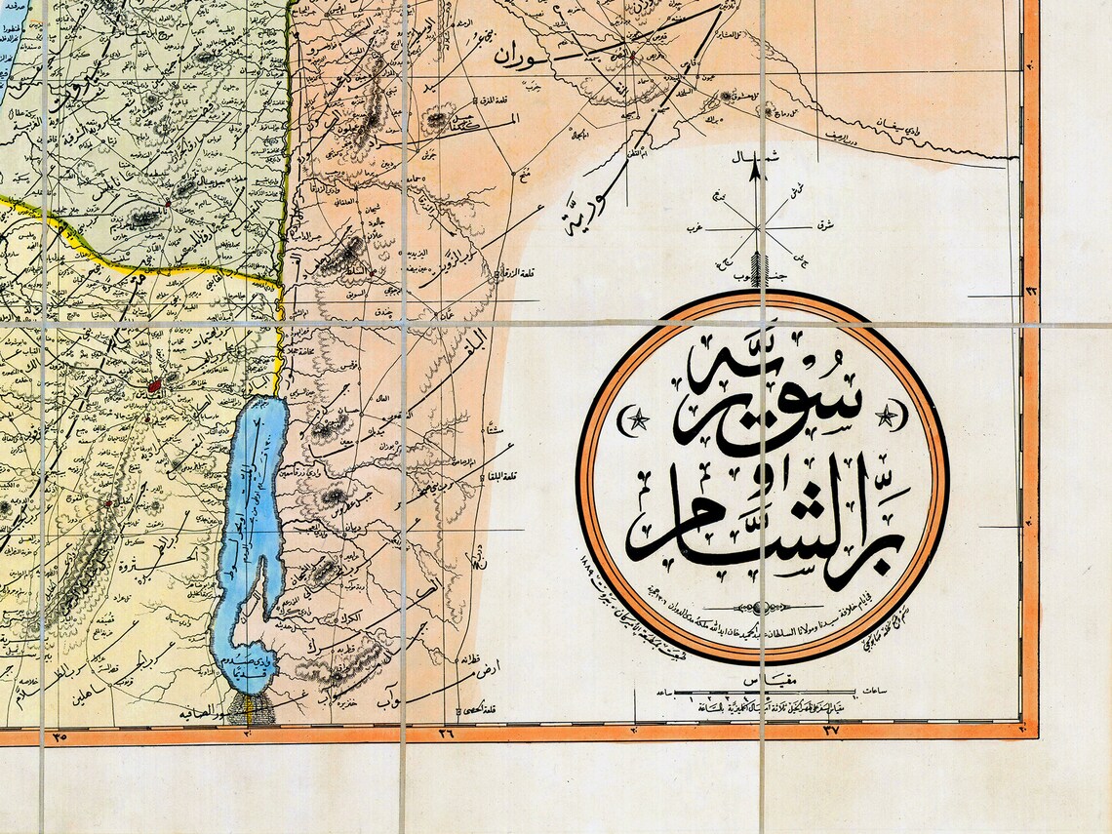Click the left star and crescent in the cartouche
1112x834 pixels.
pos(634,420)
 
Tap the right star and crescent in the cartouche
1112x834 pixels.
pos(890,417)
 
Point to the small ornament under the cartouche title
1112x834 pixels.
pos(761,607)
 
